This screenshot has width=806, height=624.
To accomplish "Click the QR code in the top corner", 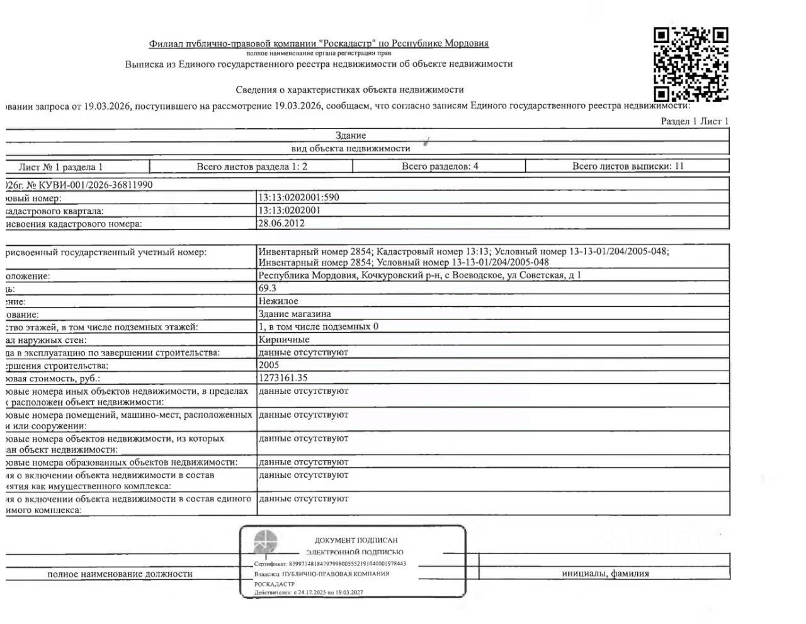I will [691, 64].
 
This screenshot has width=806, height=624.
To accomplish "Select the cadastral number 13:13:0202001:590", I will [298, 197].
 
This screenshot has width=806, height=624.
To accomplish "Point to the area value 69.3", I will [267, 288].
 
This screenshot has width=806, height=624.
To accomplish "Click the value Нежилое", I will [278, 301].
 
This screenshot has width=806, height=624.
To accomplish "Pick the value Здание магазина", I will [294, 314].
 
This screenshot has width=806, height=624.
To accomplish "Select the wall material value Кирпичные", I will [283, 340].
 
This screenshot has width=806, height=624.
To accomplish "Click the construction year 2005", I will [268, 365].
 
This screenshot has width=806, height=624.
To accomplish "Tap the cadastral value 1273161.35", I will [283, 378].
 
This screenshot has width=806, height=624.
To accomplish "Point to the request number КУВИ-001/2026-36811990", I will [94, 185].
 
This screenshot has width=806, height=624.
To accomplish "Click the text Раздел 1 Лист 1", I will [694, 121].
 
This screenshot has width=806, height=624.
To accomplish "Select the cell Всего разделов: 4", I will [440, 166].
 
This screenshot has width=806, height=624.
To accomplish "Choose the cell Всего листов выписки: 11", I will [627, 166].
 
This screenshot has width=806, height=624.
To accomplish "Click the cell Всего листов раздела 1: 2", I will [252, 166].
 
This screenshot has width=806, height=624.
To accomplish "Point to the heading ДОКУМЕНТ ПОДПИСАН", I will [356, 540].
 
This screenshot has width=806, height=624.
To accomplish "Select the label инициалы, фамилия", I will [605, 574].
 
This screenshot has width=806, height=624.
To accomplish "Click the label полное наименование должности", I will [120, 574].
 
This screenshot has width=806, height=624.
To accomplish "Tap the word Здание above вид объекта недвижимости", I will [351, 136].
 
